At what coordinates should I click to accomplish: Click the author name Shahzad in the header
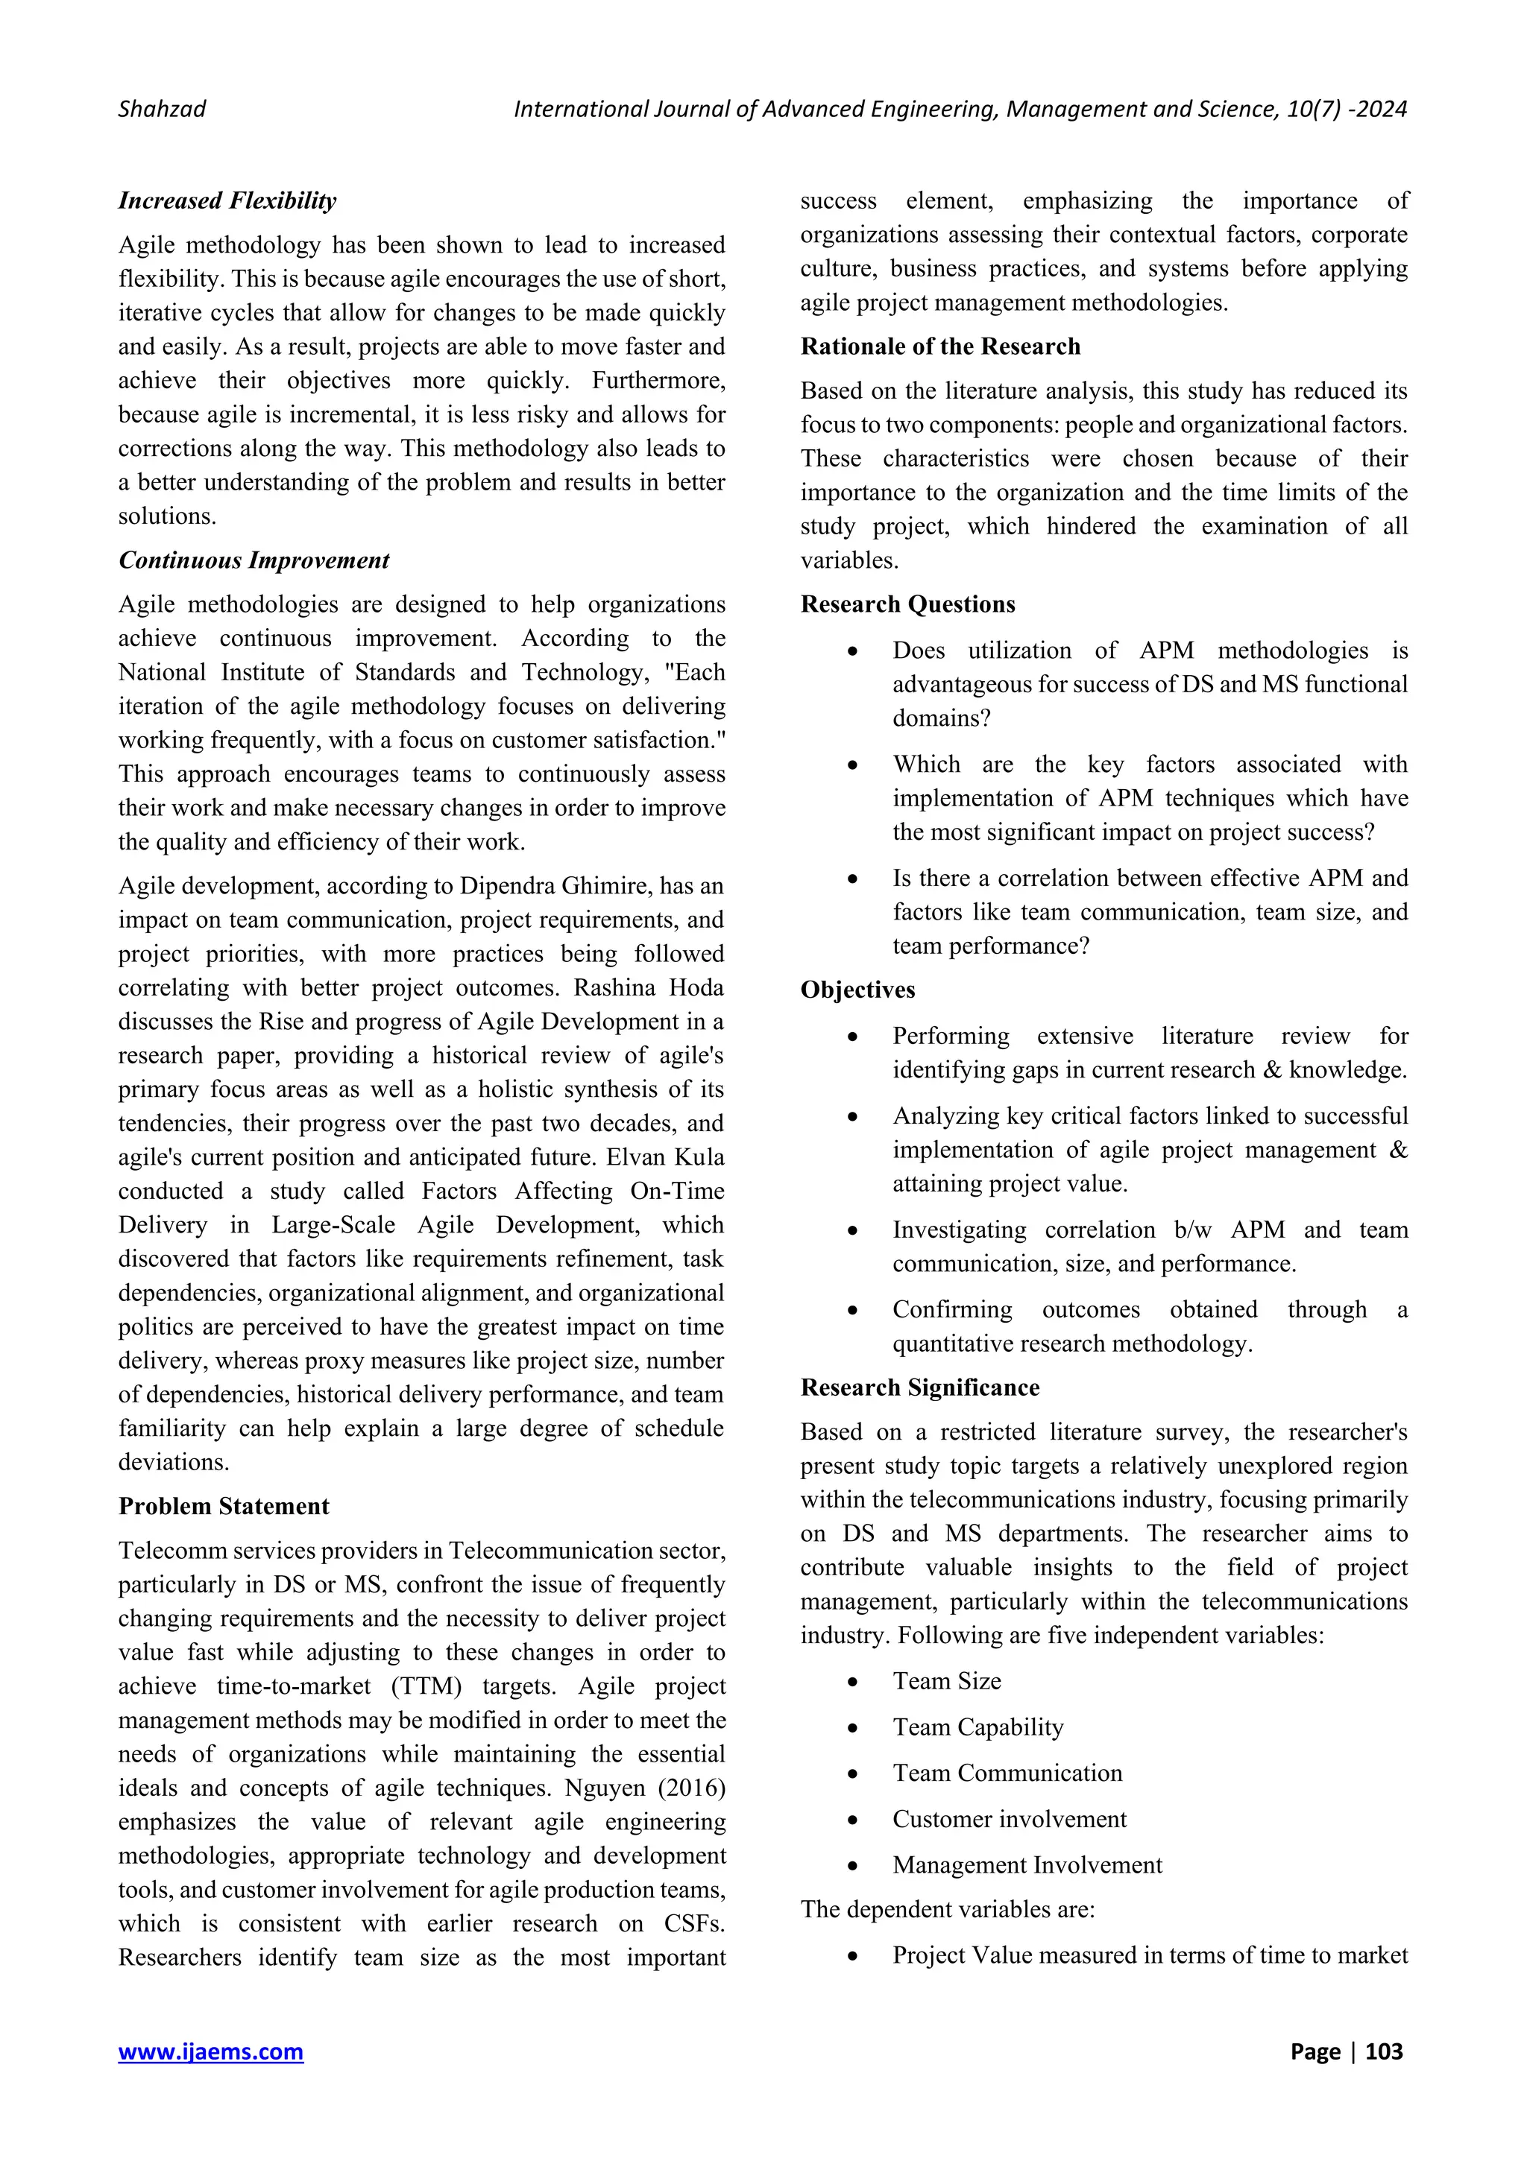[162, 109]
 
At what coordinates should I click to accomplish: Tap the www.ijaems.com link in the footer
[210, 2051]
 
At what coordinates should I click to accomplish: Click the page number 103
[1383, 2051]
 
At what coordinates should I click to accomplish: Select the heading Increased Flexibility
[227, 200]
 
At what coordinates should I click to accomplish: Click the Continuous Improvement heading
[253, 560]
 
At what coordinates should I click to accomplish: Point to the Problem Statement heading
[223, 1506]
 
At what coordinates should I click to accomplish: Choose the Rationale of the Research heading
[939, 346]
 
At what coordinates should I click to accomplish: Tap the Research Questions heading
[907, 604]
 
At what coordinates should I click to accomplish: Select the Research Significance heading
[919, 1387]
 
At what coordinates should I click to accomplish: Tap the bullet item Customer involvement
[1008, 1819]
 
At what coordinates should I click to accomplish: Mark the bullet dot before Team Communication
[852, 1774]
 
